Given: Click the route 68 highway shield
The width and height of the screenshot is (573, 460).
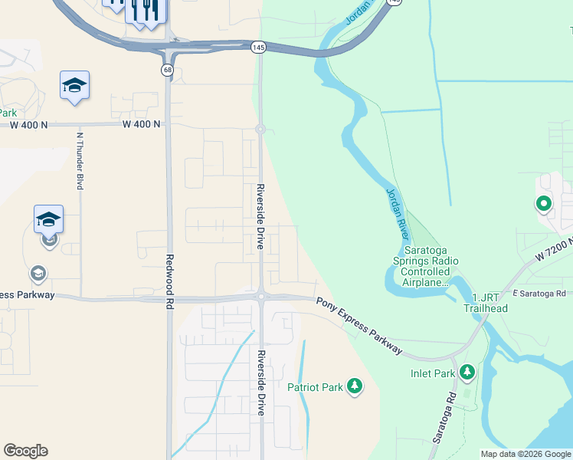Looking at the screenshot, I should pyautogui.click(x=166, y=70).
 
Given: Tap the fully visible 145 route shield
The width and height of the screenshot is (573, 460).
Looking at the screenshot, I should pyautogui.click(x=258, y=48).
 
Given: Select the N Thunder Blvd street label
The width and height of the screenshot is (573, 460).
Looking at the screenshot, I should pyautogui.click(x=79, y=160).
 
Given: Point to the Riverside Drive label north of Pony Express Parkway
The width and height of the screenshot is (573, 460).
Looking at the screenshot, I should pyautogui.click(x=260, y=217).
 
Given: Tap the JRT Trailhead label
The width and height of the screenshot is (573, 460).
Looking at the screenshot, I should pyautogui.click(x=484, y=303).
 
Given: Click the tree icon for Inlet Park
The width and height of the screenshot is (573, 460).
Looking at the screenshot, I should pyautogui.click(x=467, y=373).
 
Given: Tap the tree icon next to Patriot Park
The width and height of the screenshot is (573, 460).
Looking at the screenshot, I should pyautogui.click(x=354, y=386).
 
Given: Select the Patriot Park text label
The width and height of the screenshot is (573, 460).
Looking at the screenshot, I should pyautogui.click(x=315, y=387).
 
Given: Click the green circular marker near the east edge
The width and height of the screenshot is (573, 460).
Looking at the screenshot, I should pyautogui.click(x=543, y=204).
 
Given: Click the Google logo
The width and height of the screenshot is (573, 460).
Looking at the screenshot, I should pyautogui.click(x=25, y=451).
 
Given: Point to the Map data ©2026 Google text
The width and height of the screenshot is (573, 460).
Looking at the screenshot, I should pyautogui.click(x=526, y=454).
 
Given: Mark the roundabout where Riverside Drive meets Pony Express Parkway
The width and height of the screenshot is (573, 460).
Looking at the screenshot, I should pyautogui.click(x=260, y=297).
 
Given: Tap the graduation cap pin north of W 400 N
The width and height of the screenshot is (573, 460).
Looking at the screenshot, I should pyautogui.click(x=74, y=86).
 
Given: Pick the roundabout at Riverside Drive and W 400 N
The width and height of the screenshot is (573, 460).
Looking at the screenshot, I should pyautogui.click(x=260, y=130).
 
